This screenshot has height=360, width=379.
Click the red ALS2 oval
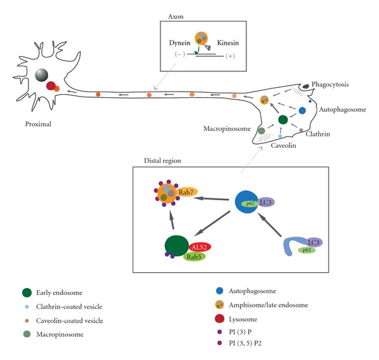pos(200,247)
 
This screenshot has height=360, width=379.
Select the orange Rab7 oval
pos(186,192)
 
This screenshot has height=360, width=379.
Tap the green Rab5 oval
pos(195,256)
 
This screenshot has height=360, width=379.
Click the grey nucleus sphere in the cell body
pos(42,75)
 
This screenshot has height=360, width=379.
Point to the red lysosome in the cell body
pos(51,86)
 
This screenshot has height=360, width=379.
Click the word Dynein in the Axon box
pos(179,43)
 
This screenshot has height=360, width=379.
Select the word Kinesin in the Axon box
pos(228,43)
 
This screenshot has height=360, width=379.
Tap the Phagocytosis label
pos(330,85)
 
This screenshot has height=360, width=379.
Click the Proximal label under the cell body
pos(38,124)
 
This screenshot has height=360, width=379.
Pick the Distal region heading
pos(162,160)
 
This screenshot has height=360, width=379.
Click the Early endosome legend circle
pos(27,292)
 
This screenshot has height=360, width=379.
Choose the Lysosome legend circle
pos(219,319)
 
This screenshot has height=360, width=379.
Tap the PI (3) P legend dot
pos(219,332)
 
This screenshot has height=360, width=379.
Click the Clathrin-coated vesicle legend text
pos(69,306)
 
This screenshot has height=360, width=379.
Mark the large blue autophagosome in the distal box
pos(246,202)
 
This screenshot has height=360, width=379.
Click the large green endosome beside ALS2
pos(177,246)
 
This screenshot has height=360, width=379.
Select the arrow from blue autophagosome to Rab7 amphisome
pos(211,199)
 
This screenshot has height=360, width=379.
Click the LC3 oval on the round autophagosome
pos(266,202)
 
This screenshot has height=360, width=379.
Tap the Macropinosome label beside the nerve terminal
pos(227,129)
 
